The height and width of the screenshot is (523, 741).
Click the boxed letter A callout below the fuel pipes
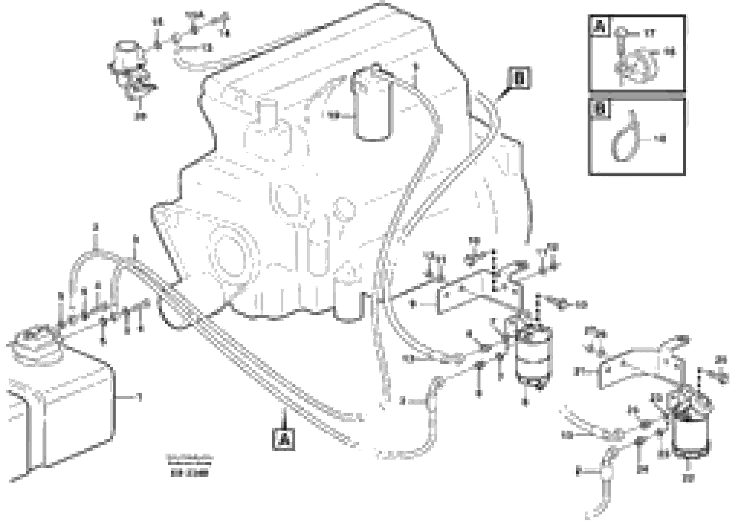click(283, 439)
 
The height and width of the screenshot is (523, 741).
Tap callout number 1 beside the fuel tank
click(139, 398)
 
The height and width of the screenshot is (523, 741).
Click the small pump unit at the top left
click(128, 61)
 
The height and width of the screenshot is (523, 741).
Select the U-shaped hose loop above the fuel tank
click(93, 274)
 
